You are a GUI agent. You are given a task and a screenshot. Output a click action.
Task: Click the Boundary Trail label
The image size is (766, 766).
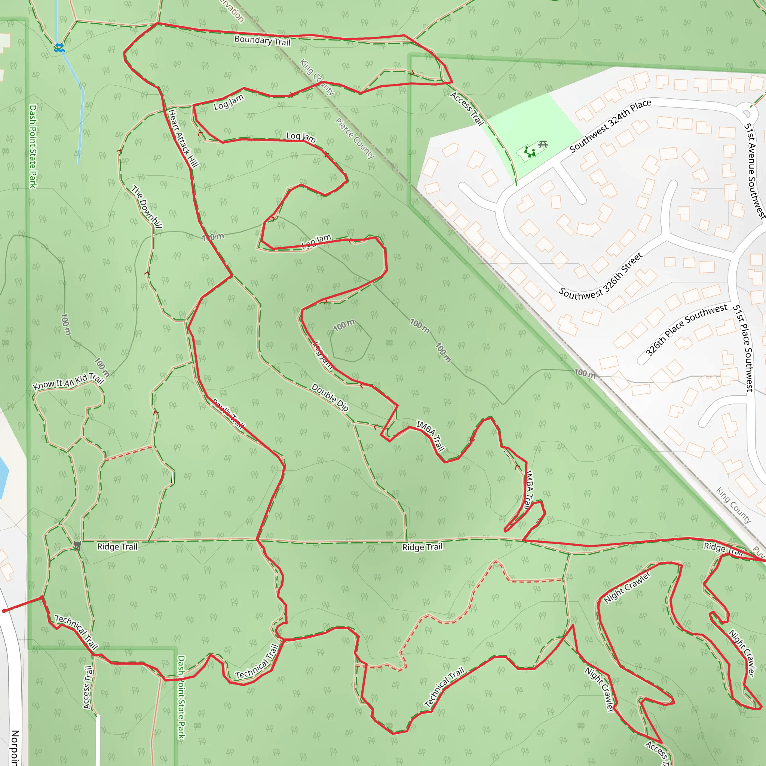(262, 40)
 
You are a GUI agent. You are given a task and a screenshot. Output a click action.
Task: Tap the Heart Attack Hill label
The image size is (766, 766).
(183, 138)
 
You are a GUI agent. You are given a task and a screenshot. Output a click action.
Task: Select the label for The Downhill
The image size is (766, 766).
(147, 206)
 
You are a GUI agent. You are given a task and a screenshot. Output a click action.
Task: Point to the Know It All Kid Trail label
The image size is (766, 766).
(68, 381)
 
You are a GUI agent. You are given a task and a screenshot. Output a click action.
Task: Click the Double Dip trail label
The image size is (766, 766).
(330, 397)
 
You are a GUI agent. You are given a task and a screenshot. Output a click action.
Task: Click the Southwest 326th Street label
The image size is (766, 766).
(600, 276)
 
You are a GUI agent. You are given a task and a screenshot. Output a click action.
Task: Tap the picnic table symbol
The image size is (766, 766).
(543, 145)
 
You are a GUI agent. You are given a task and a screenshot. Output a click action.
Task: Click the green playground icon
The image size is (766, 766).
(529, 152)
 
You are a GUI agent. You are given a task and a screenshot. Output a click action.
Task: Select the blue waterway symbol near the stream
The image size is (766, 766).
(59, 48)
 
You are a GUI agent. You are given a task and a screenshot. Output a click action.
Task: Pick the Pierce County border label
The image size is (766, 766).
(355, 138)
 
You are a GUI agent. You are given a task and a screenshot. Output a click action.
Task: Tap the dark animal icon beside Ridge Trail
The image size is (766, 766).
(77, 546)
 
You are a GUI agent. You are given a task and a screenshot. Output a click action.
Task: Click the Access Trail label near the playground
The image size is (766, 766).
(467, 108)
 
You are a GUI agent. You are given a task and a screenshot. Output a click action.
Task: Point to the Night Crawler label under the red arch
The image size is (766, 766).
(627, 587)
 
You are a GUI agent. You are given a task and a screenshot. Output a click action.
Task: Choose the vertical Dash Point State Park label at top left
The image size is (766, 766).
(33, 146)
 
